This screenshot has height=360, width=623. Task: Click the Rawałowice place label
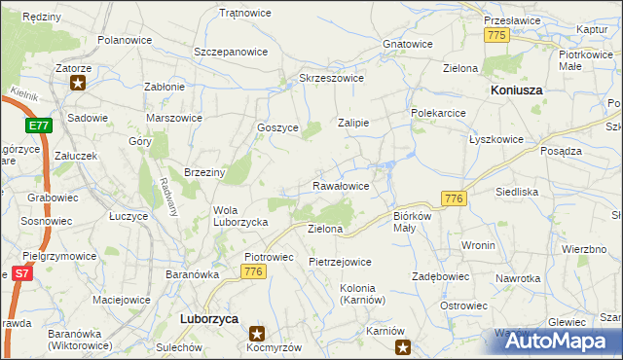pos(340,186)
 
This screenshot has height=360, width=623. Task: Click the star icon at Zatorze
pos(76,83)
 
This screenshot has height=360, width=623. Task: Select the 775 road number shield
pos(496,35)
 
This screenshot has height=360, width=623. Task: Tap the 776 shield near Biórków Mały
pos(453,198)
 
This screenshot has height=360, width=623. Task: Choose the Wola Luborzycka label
pos(240,215)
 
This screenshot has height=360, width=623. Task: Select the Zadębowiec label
pos(441,276)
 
